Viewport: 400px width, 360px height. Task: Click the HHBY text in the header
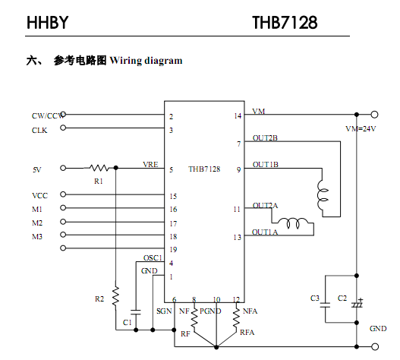(x=48, y=23)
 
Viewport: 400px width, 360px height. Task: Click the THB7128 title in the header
(x=285, y=23)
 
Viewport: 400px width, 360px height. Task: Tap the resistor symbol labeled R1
(x=99, y=168)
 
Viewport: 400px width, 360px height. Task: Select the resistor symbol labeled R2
(x=115, y=296)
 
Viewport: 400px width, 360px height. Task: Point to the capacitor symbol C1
(x=135, y=312)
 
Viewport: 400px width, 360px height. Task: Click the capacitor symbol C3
(x=325, y=305)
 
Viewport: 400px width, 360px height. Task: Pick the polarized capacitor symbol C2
(x=357, y=303)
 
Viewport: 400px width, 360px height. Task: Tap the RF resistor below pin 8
(x=194, y=318)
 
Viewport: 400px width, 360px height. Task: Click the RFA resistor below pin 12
(x=237, y=318)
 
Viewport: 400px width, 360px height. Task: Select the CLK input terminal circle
(x=63, y=128)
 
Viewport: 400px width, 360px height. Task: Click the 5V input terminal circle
(x=63, y=168)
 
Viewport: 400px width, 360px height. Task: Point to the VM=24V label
(x=361, y=128)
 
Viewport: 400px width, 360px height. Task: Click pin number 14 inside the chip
(x=238, y=116)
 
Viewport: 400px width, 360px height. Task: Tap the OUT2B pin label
(x=265, y=138)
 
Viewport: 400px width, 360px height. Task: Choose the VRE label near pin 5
(x=150, y=164)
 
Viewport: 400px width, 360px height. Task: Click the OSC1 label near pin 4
(x=153, y=258)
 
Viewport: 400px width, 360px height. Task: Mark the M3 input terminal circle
(x=63, y=235)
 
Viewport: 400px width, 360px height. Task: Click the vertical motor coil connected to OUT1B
(x=323, y=195)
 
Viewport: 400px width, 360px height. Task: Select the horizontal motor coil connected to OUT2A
(x=292, y=223)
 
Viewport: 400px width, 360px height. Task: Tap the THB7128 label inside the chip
(x=204, y=169)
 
